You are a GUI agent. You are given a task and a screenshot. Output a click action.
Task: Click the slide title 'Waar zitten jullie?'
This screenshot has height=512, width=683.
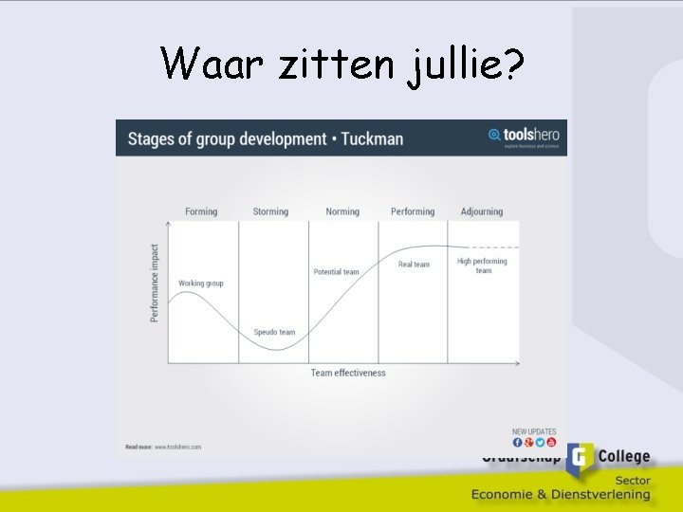341,64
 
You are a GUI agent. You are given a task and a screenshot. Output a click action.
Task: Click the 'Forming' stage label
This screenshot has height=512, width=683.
201,211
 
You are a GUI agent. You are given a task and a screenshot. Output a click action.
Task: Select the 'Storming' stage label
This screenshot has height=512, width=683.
270,211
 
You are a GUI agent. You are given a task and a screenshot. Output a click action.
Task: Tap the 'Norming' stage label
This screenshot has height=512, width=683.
342,211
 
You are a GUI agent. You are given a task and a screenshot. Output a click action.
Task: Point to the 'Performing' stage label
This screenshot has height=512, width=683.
413,211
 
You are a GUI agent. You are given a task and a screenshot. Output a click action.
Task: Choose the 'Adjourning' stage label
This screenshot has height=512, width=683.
482,211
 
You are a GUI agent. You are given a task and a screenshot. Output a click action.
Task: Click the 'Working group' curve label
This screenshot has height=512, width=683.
201,283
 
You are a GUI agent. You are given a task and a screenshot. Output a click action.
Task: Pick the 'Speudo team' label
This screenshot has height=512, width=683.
274,332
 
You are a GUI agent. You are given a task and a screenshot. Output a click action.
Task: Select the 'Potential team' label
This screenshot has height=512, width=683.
337,272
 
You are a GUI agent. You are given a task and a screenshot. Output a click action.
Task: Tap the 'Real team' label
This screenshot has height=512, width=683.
414,265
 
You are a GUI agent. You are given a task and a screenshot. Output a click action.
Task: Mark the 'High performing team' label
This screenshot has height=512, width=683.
482,265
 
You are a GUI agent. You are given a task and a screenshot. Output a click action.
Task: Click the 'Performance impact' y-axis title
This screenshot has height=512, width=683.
155,283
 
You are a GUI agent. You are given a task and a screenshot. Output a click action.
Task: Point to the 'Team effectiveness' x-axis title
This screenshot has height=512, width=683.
348,373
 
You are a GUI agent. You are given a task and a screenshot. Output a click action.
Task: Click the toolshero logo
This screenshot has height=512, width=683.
524,137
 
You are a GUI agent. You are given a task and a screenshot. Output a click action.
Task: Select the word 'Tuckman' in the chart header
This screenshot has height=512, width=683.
372,139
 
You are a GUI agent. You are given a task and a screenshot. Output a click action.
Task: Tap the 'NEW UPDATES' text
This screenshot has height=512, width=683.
534,431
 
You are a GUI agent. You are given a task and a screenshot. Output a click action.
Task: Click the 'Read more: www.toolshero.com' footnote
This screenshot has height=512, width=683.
163,447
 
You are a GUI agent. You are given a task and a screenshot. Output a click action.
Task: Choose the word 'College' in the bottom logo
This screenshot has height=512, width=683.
623,456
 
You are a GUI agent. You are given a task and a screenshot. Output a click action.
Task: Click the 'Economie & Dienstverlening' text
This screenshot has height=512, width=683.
562,494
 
